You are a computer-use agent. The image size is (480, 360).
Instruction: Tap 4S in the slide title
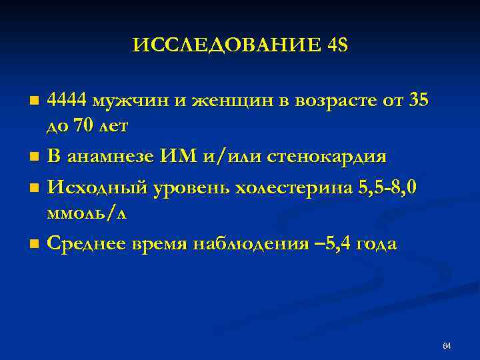[x=338, y=45]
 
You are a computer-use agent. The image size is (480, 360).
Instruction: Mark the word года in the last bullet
[x=376, y=245]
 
